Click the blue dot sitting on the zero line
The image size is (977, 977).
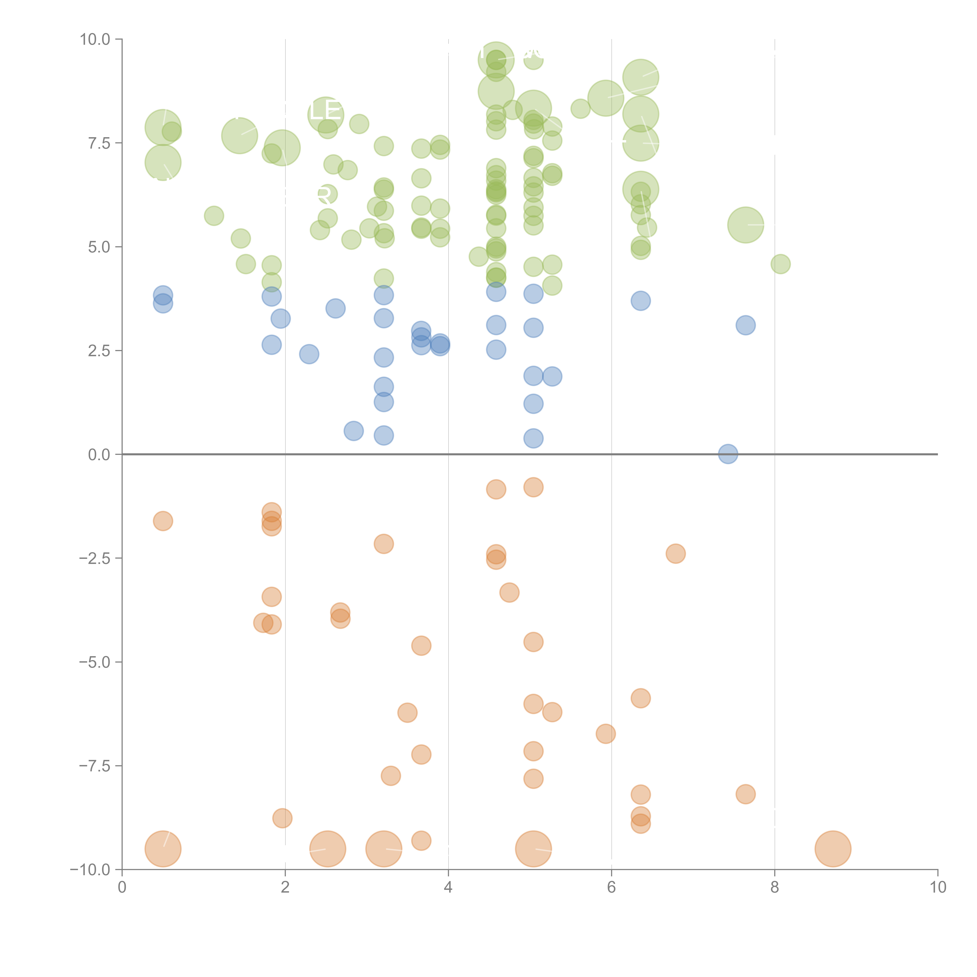click(x=728, y=454)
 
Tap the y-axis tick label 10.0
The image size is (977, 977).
click(x=95, y=39)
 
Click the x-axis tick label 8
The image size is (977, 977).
click(x=775, y=888)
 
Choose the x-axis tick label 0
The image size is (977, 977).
click(x=122, y=888)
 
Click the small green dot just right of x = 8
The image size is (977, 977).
click(x=780, y=264)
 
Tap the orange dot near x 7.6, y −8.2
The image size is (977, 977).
click(x=745, y=794)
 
